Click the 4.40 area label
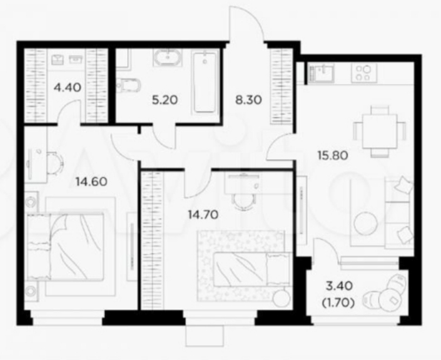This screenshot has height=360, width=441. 68,88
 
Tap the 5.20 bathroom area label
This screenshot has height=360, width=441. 165,100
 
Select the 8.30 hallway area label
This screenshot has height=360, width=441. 248,100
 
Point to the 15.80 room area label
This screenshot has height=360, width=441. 333,155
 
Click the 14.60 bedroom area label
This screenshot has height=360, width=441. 91,182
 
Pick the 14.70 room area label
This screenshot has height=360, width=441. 203,215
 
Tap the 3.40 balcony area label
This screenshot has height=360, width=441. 339,286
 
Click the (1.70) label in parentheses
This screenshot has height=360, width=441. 338,302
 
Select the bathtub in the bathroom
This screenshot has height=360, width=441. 205,82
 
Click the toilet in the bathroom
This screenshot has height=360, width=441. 128,85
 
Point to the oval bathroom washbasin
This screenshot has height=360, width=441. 168,58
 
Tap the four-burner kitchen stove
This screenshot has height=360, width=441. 364,73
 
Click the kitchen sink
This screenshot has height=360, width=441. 321,73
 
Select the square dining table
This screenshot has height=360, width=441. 380,131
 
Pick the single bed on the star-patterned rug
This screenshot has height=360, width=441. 252,269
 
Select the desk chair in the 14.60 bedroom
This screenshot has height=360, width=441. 55,163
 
